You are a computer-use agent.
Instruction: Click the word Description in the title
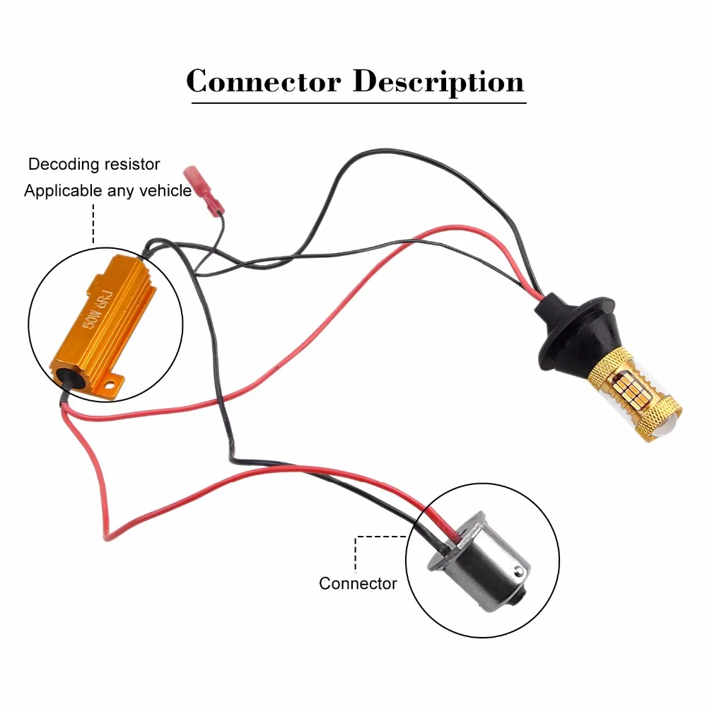[439, 83]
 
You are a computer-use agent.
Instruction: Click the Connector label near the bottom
[358, 583]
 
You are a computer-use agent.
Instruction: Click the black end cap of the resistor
[66, 378]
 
